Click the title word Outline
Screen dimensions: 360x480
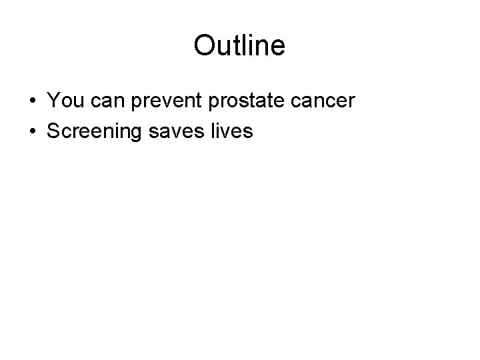point(239,46)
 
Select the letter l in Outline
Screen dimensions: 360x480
point(246,46)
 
